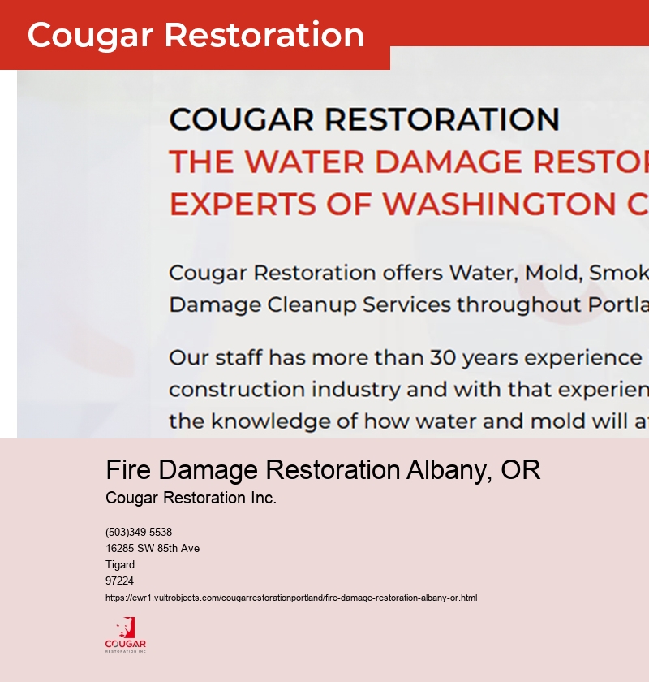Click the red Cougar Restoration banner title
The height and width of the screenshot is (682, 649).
(x=196, y=35)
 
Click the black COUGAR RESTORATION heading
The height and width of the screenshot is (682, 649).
(x=364, y=119)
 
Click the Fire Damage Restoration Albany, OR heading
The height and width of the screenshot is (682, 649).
(x=323, y=470)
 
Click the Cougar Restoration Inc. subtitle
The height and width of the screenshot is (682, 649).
(x=191, y=498)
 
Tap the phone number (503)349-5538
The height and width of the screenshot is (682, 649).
(x=139, y=533)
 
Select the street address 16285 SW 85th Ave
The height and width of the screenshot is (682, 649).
(x=153, y=549)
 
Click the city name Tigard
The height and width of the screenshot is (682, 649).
(x=120, y=565)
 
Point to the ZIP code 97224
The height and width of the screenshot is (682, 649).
(x=119, y=581)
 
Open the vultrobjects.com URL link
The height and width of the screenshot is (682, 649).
(x=291, y=598)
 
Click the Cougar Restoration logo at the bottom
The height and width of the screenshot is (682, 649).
(x=126, y=635)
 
